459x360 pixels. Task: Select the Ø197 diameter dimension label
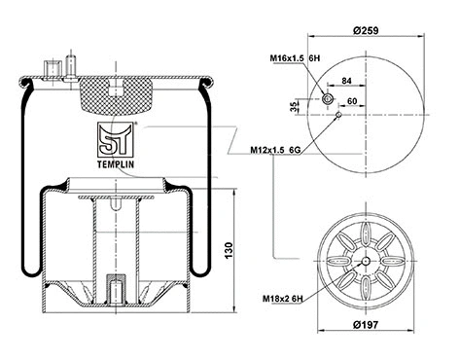coord(367,323)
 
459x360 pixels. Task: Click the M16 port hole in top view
coord(329,100)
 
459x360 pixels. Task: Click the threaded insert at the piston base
coord(114,291)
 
